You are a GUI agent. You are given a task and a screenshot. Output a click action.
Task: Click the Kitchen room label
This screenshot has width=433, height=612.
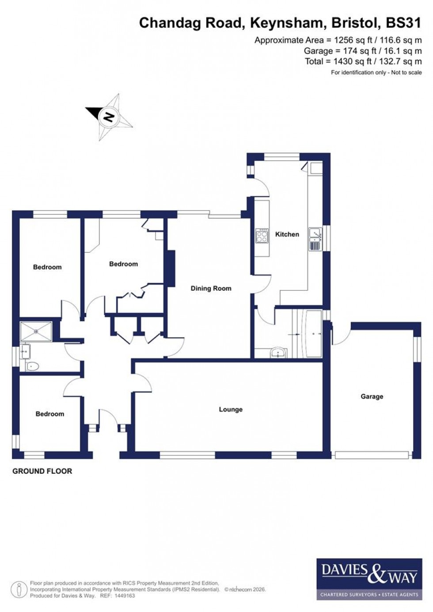[x=287, y=234]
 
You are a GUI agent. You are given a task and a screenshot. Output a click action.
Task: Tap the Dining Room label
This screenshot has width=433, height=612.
[x=211, y=288]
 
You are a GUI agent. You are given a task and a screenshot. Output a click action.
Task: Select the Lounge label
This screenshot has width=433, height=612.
[x=231, y=409]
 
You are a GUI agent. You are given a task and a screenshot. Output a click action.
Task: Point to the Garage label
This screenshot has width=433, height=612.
[x=372, y=396]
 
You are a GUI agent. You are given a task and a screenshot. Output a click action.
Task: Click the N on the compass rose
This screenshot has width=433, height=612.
[x=109, y=117]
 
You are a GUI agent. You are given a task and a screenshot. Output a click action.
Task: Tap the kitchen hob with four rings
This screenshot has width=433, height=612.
[x=262, y=236]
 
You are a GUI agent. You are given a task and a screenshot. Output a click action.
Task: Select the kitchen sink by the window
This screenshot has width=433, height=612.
[x=315, y=239]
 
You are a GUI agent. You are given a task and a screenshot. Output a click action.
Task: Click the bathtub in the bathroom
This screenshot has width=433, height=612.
[x=314, y=333]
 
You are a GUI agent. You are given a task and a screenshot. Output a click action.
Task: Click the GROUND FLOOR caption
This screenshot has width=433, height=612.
[x=42, y=471]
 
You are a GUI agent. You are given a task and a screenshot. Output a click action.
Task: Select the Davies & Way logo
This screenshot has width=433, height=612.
[x=367, y=579]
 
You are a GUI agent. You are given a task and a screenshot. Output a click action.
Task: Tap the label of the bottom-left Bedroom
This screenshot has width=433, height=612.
[x=50, y=414]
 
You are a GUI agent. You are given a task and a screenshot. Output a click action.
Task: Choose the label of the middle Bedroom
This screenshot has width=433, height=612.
[x=123, y=264]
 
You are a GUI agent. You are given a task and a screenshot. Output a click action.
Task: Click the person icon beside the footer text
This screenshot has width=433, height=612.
[x=19, y=589]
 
